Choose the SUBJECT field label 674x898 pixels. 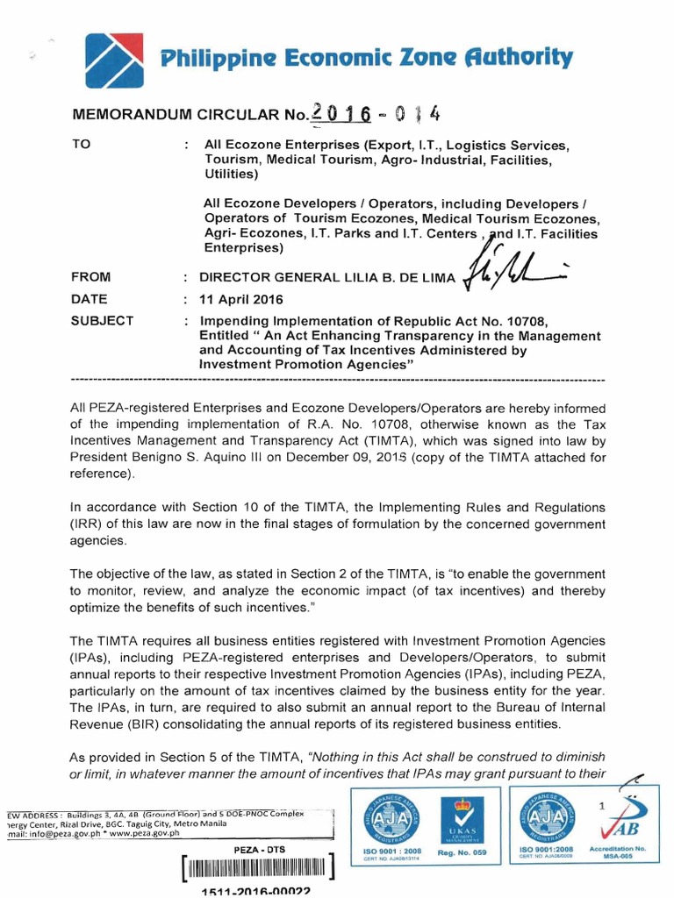(x=102, y=320)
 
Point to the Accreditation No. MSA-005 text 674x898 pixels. (x=628, y=852)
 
